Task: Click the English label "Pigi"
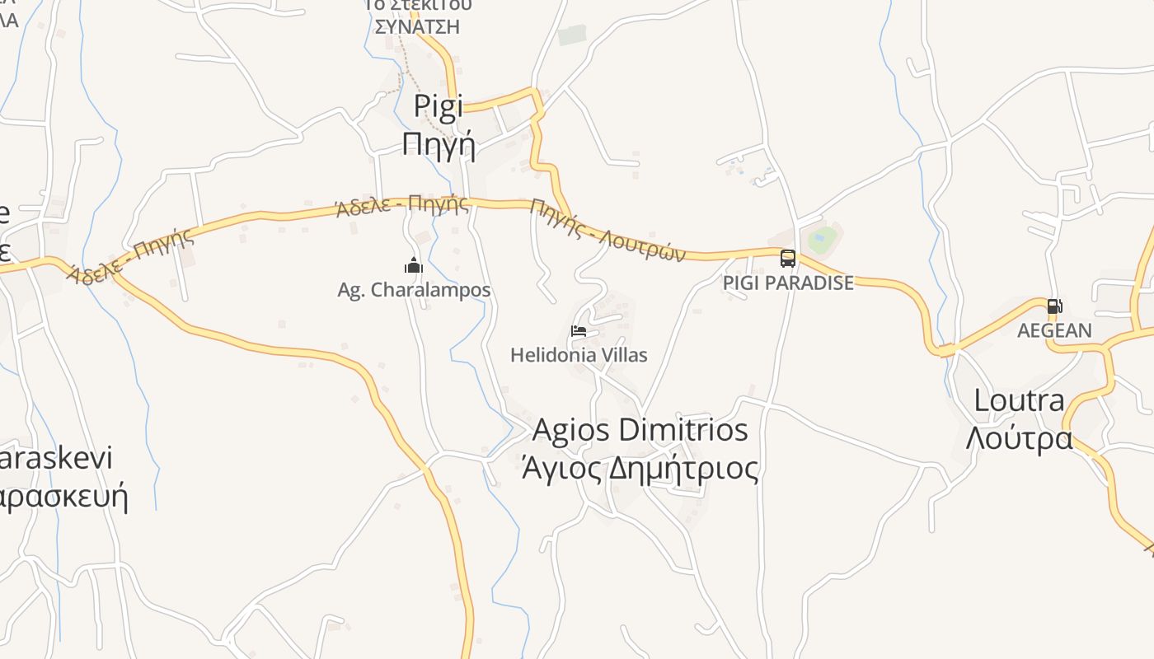(439, 106)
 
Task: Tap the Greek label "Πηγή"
(439, 143)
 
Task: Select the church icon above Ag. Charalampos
(414, 265)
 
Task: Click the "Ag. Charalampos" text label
(414, 290)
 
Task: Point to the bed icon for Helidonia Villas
(579, 332)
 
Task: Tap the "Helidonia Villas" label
(579, 355)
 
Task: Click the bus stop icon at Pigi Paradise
(788, 259)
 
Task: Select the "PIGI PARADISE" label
(788, 283)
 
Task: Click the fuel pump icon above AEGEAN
(1054, 306)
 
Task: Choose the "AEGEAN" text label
(1054, 330)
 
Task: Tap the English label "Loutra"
(1020, 401)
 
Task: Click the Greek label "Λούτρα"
(1020, 437)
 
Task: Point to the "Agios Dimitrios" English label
(640, 430)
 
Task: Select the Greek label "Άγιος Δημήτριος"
(640, 468)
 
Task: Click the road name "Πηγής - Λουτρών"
(608, 230)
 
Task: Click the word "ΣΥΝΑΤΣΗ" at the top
(417, 26)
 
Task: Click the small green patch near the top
(571, 35)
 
